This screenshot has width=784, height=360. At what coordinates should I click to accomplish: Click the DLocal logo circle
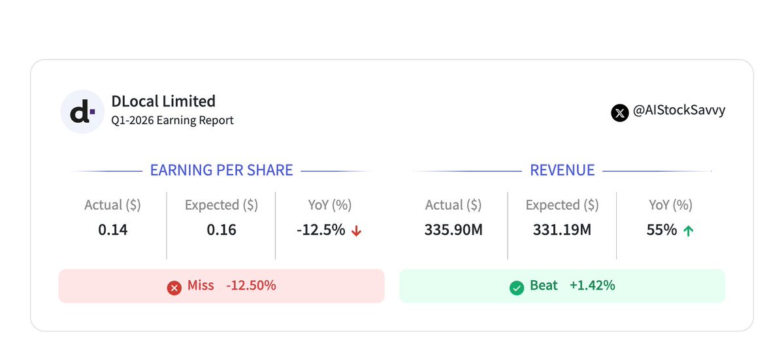pos(82,112)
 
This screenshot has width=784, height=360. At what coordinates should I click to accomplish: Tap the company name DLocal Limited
pos(163,101)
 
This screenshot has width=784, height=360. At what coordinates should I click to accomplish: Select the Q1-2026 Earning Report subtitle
pos(172,120)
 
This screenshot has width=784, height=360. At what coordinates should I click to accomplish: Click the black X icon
pos(620,113)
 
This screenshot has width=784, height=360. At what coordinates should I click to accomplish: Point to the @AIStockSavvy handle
pos(679,110)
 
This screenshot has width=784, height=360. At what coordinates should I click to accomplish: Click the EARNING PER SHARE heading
pos(221,171)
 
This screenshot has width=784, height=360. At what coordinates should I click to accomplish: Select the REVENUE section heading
pos(562,171)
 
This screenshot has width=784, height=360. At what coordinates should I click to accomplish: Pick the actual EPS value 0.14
pos(112,230)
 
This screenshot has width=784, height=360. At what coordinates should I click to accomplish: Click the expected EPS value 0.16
pos(221,230)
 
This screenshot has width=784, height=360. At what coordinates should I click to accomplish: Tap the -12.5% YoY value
pos(321,230)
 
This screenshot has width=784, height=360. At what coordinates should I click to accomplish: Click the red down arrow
pos(356,231)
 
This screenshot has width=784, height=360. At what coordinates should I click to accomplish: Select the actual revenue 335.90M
pos(453,230)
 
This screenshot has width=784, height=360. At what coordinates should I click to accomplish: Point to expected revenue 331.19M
pos(562,230)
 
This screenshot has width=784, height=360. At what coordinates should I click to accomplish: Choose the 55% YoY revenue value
pos(661,230)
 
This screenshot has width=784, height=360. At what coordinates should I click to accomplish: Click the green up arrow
pos(689,231)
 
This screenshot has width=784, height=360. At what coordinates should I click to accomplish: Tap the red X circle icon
pos(174,288)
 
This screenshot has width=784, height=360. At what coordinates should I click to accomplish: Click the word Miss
pos(201,286)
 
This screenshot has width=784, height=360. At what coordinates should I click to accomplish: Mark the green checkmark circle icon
pos(517,288)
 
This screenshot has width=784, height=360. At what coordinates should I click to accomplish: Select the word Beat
pos(544,286)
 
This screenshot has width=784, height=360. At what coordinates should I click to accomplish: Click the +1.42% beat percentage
pos(592,286)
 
